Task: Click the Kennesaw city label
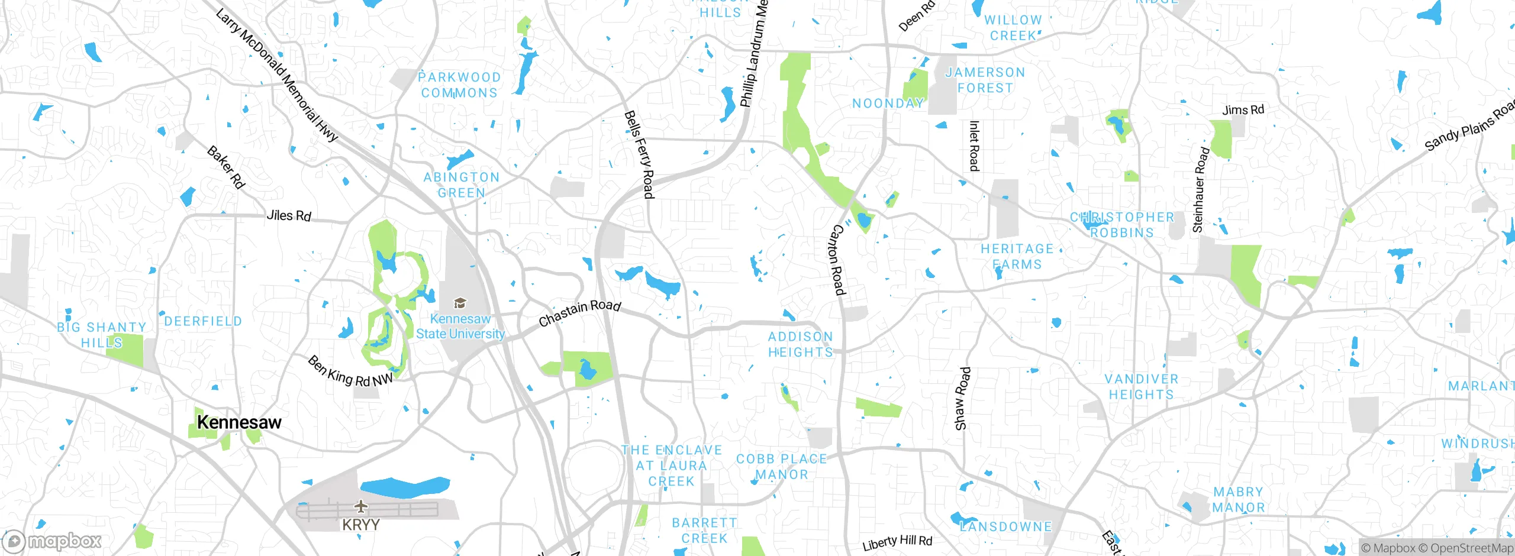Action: click(x=239, y=422)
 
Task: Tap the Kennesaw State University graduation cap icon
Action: click(x=460, y=303)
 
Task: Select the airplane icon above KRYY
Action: click(x=360, y=506)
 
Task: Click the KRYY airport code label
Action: click(x=360, y=525)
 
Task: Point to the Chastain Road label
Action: click(x=579, y=313)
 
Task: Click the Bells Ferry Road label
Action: click(x=640, y=155)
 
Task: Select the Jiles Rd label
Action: click(x=288, y=215)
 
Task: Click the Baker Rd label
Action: click(x=225, y=167)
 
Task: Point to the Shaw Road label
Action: click(x=962, y=399)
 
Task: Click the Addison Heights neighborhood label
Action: click(x=800, y=344)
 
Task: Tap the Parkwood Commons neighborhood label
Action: click(x=460, y=85)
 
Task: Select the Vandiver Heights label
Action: click(x=1142, y=387)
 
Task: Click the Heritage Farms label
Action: click(x=1017, y=257)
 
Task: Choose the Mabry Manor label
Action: click(x=1238, y=500)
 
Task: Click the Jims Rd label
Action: click(x=1243, y=110)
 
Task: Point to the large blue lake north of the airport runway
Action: click(x=405, y=487)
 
